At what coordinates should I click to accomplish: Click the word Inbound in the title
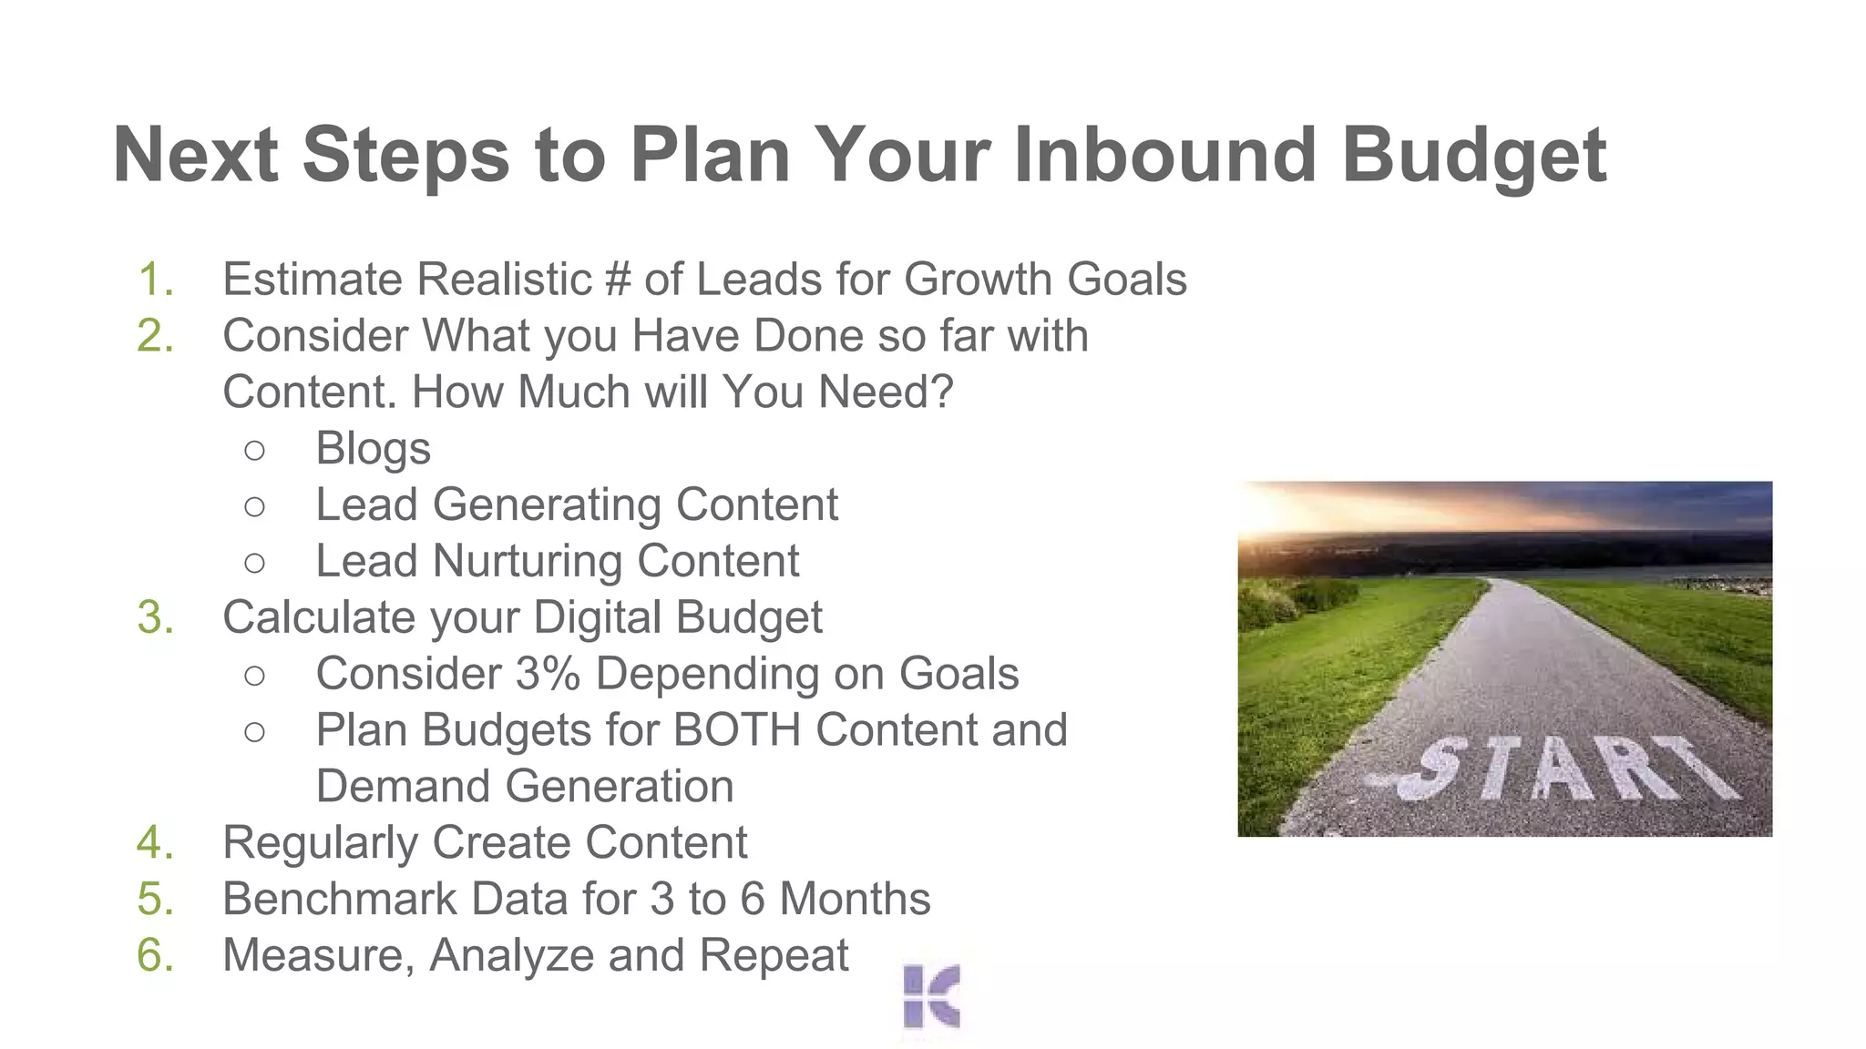point(1164,155)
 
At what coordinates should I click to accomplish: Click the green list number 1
point(155,280)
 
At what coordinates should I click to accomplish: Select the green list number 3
point(155,618)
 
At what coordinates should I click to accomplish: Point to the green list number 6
point(155,956)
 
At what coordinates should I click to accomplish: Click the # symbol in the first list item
point(618,280)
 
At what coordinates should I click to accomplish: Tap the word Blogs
point(373,449)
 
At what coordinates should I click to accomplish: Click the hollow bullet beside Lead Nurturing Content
point(255,563)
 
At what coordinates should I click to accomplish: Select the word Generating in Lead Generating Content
point(547,505)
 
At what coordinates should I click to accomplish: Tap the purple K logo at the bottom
point(931,996)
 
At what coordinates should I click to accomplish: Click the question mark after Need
point(942,392)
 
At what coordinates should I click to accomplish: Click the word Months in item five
point(855,900)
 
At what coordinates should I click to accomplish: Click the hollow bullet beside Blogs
point(255,450)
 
